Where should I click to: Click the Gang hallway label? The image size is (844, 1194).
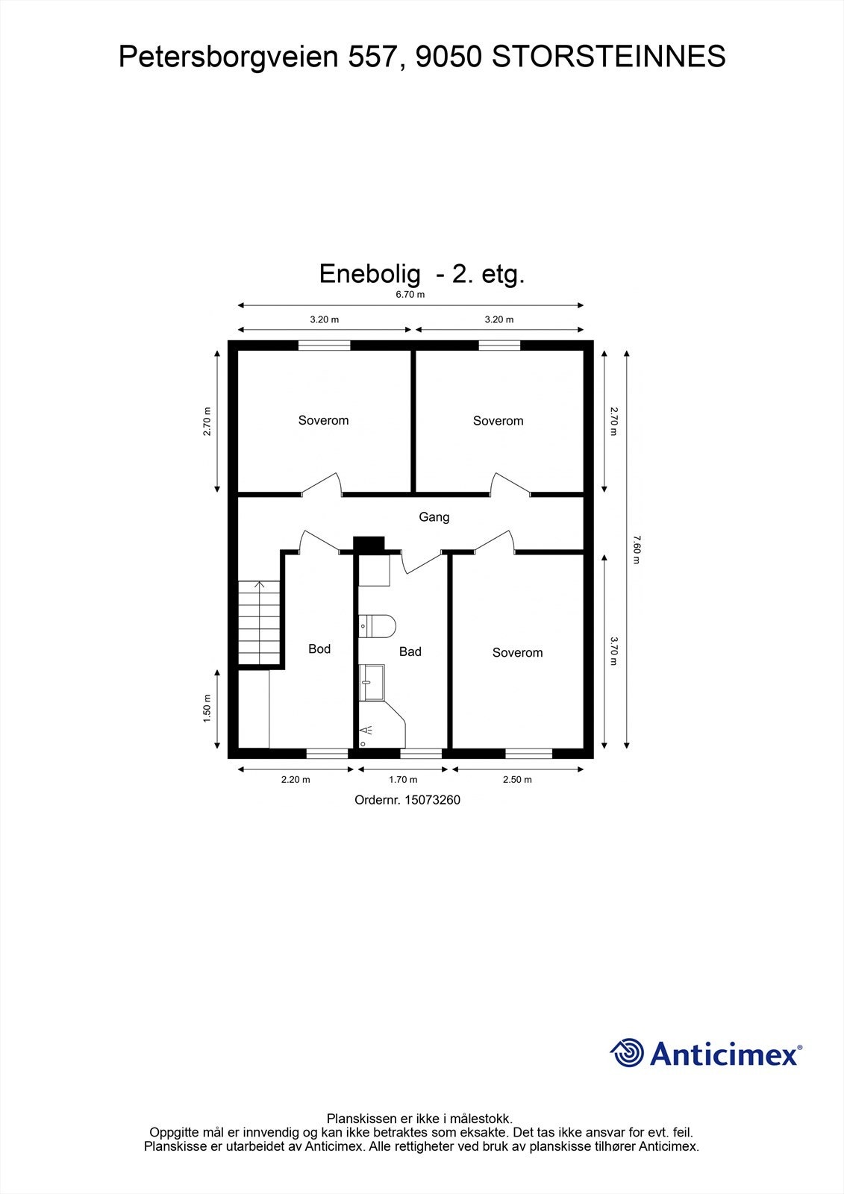pyautogui.click(x=434, y=516)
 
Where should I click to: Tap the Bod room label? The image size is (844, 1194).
pyautogui.click(x=319, y=648)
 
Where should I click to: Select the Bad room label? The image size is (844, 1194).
pyautogui.click(x=410, y=651)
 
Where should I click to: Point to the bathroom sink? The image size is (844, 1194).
pyautogui.click(x=372, y=682)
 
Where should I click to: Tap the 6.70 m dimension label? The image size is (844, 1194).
pyautogui.click(x=410, y=294)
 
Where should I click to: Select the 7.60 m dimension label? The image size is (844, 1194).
pyautogui.click(x=636, y=548)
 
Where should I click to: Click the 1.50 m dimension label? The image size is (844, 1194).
pyautogui.click(x=207, y=708)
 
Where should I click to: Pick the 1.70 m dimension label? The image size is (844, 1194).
pyautogui.click(x=403, y=779)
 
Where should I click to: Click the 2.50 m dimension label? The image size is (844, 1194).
pyautogui.click(x=517, y=779)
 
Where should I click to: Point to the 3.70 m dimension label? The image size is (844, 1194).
pyautogui.click(x=613, y=650)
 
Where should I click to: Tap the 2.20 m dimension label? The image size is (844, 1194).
pyautogui.click(x=296, y=779)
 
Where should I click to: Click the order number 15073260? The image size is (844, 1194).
pyautogui.click(x=432, y=800)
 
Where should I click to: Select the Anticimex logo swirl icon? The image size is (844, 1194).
pyautogui.click(x=627, y=1053)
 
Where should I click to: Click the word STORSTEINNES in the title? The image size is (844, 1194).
pyautogui.click(x=608, y=57)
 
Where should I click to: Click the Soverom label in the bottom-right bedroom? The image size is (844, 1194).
pyautogui.click(x=517, y=652)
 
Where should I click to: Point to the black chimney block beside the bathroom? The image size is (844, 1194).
pyautogui.click(x=369, y=545)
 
